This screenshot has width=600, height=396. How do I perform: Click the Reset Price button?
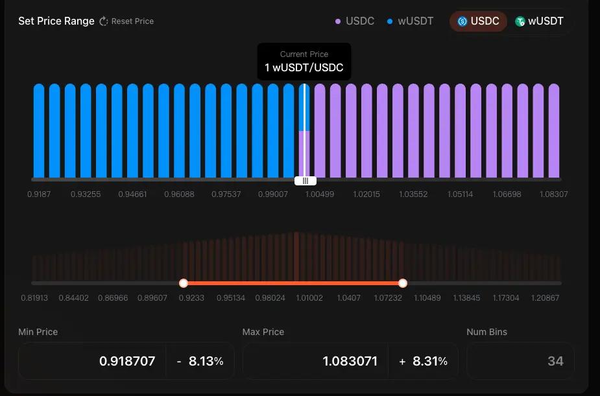[x=126, y=21]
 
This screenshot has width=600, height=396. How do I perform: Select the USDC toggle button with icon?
[x=479, y=21]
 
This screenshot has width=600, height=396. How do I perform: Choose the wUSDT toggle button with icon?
[x=540, y=21]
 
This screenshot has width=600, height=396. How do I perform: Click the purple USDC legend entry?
[x=355, y=21]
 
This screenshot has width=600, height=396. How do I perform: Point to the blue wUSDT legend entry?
[x=410, y=21]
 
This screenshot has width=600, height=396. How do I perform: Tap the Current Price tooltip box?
[x=304, y=62]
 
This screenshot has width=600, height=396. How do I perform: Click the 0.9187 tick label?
[x=40, y=194]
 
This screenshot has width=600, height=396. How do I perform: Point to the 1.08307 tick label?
[x=554, y=194]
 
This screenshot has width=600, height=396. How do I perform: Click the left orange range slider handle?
[x=184, y=283]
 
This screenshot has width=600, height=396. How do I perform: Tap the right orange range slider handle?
[x=403, y=283]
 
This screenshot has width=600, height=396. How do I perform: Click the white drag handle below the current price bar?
[x=305, y=181]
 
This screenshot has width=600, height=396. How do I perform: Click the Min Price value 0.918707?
[x=127, y=361]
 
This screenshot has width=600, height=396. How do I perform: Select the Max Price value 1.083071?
[x=350, y=361]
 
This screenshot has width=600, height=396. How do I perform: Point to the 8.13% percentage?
[x=206, y=361]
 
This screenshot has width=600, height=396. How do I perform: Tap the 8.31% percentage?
[x=429, y=361]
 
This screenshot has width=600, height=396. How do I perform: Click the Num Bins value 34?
[x=555, y=361]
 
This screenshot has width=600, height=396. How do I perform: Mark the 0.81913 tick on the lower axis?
[x=34, y=298]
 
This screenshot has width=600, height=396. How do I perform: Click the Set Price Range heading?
[x=56, y=21]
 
